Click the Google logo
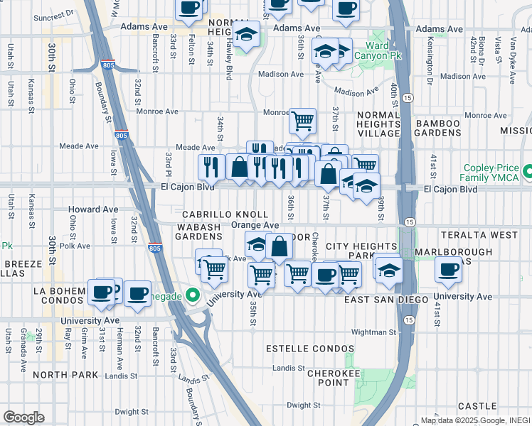[23, 417]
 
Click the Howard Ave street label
[93, 209]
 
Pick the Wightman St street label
[373, 332]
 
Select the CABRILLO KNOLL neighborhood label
[225, 214]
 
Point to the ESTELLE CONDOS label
[309, 349]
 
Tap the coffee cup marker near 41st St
[449, 269]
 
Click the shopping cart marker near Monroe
[303, 121]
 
